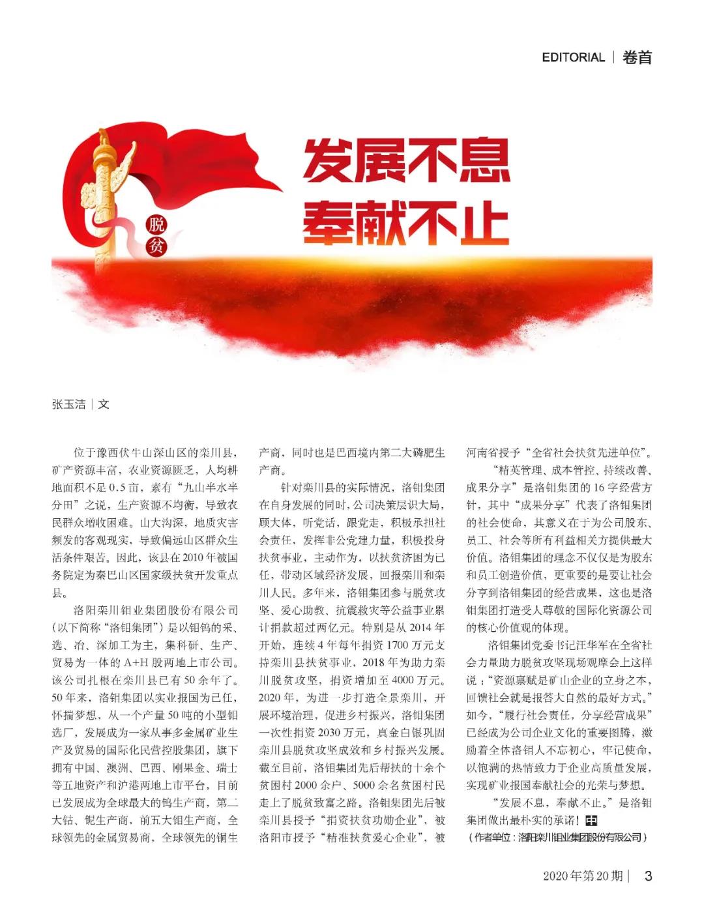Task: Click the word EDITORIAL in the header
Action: (x=573, y=57)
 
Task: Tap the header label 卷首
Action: (x=637, y=57)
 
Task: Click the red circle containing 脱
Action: (x=156, y=225)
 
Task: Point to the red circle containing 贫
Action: (x=156, y=246)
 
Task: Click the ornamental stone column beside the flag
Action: (x=102, y=196)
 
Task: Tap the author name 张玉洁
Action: (x=68, y=404)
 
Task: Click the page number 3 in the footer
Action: (x=648, y=875)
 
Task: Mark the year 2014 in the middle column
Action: (x=431, y=628)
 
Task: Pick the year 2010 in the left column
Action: (x=193, y=558)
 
